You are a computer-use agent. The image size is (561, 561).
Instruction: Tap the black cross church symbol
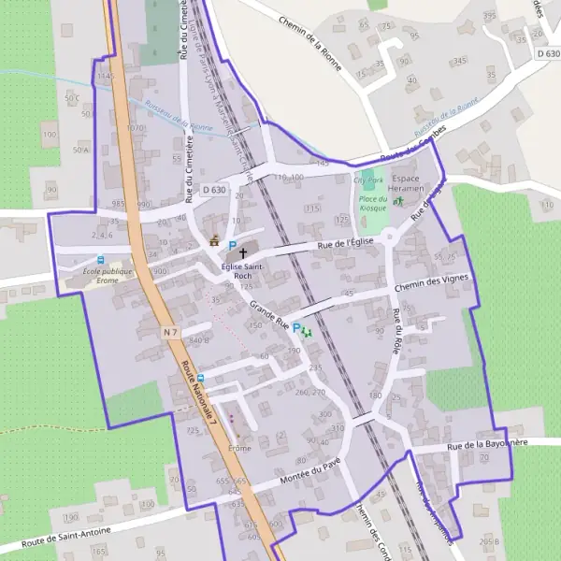(x=244, y=252)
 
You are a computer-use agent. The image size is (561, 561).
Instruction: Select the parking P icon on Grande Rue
(x=296, y=328)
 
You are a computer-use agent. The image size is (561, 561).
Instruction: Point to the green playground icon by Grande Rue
(x=307, y=332)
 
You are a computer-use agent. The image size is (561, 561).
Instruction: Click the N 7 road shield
(x=168, y=331)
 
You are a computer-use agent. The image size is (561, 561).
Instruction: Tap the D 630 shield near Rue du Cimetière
(x=214, y=191)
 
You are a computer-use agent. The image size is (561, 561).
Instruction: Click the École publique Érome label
(x=108, y=276)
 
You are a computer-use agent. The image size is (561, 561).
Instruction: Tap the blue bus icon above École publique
(x=101, y=260)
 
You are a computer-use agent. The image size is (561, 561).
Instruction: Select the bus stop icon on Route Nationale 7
(x=200, y=379)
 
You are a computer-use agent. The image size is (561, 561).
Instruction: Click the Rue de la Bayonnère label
(x=487, y=444)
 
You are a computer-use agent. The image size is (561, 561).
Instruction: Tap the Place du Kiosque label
(x=374, y=203)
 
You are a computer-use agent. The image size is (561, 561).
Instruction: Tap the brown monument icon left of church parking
(x=215, y=242)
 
